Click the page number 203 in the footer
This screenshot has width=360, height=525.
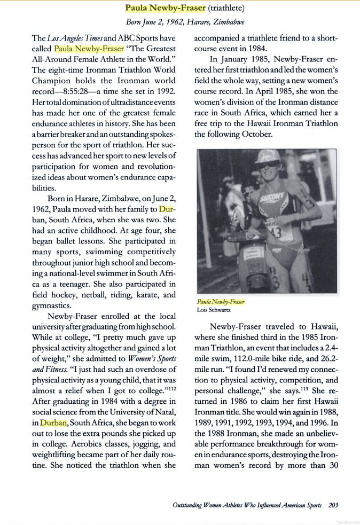[333, 504]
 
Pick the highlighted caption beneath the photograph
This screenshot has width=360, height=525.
[221, 302]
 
